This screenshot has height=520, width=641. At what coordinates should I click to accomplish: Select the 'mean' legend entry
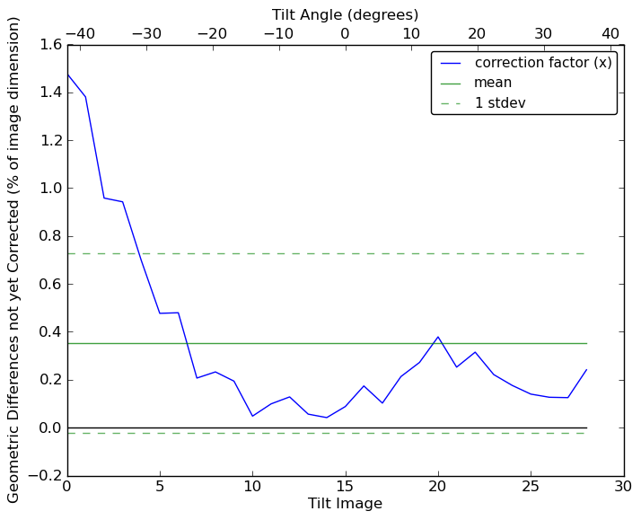(493, 83)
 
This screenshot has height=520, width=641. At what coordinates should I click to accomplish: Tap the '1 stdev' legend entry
(500, 103)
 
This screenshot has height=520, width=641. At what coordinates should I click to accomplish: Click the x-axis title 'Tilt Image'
(345, 504)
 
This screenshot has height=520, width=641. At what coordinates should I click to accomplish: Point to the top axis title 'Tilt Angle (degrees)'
(345, 14)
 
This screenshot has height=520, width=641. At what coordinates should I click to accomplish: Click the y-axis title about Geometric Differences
(14, 260)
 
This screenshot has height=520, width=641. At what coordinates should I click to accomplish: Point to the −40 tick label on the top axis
(80, 33)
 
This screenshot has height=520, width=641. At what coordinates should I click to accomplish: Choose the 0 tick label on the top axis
(345, 33)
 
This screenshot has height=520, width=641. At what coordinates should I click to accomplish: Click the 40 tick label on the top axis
(610, 33)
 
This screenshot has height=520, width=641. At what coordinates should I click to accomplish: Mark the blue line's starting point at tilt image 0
(67, 74)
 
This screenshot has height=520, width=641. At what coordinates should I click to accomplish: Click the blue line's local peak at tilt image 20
(438, 337)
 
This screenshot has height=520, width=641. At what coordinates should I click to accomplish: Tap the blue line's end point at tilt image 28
(586, 370)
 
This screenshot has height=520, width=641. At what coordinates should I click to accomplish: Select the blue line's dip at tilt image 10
(252, 416)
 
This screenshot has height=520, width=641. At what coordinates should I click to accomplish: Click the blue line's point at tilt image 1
(85, 97)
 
